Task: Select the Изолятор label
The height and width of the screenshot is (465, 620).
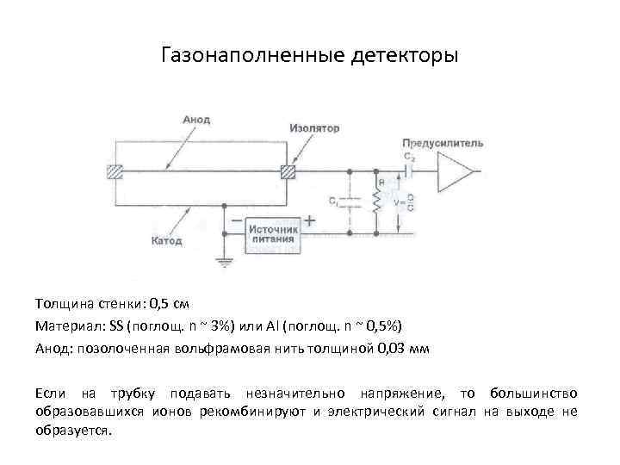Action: click(x=314, y=128)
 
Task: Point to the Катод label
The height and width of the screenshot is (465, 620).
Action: click(x=167, y=241)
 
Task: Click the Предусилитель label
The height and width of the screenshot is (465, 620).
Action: click(x=442, y=143)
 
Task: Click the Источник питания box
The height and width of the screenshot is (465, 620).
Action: click(x=274, y=235)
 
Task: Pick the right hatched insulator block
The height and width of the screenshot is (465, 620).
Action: click(x=288, y=171)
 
